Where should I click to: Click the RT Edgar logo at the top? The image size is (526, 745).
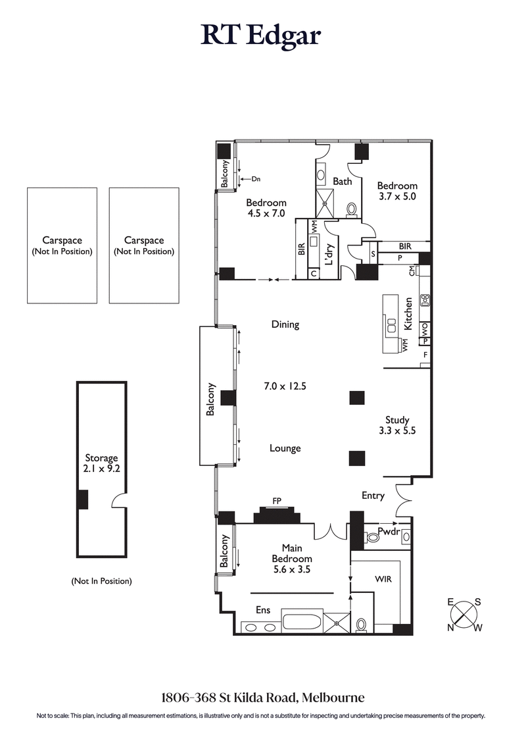pyautogui.click(x=261, y=36)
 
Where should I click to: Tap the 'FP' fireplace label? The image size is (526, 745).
pyautogui.click(x=277, y=501)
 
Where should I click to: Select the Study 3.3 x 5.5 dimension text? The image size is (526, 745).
pyautogui.click(x=397, y=431)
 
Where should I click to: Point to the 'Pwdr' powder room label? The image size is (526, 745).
pyautogui.click(x=389, y=530)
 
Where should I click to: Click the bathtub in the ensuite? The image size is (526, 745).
pyautogui.click(x=302, y=622)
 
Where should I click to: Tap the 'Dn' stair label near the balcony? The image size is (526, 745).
pyautogui.click(x=256, y=178)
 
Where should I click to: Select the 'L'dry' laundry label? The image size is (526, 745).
pyautogui.click(x=329, y=250)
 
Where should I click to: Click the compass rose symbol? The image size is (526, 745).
pyautogui.click(x=465, y=614)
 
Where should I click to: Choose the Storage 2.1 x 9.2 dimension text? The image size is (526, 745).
pyautogui.click(x=101, y=470)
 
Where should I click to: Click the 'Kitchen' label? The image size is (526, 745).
pyautogui.click(x=408, y=314)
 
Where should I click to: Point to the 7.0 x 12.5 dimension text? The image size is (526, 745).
pyautogui.click(x=285, y=386)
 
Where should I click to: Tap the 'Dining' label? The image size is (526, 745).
pyautogui.click(x=285, y=324)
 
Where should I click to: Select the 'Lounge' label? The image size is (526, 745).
pyautogui.click(x=285, y=448)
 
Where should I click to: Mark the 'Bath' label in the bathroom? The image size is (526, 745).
pyautogui.click(x=342, y=181)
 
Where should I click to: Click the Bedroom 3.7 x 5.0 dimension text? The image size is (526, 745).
pyautogui.click(x=397, y=196)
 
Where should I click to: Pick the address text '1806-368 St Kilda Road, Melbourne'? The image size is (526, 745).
pyautogui.click(x=263, y=697)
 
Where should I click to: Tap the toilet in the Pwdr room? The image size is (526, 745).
pyautogui.click(x=373, y=538)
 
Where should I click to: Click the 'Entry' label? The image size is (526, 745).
pyautogui.click(x=373, y=496)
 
